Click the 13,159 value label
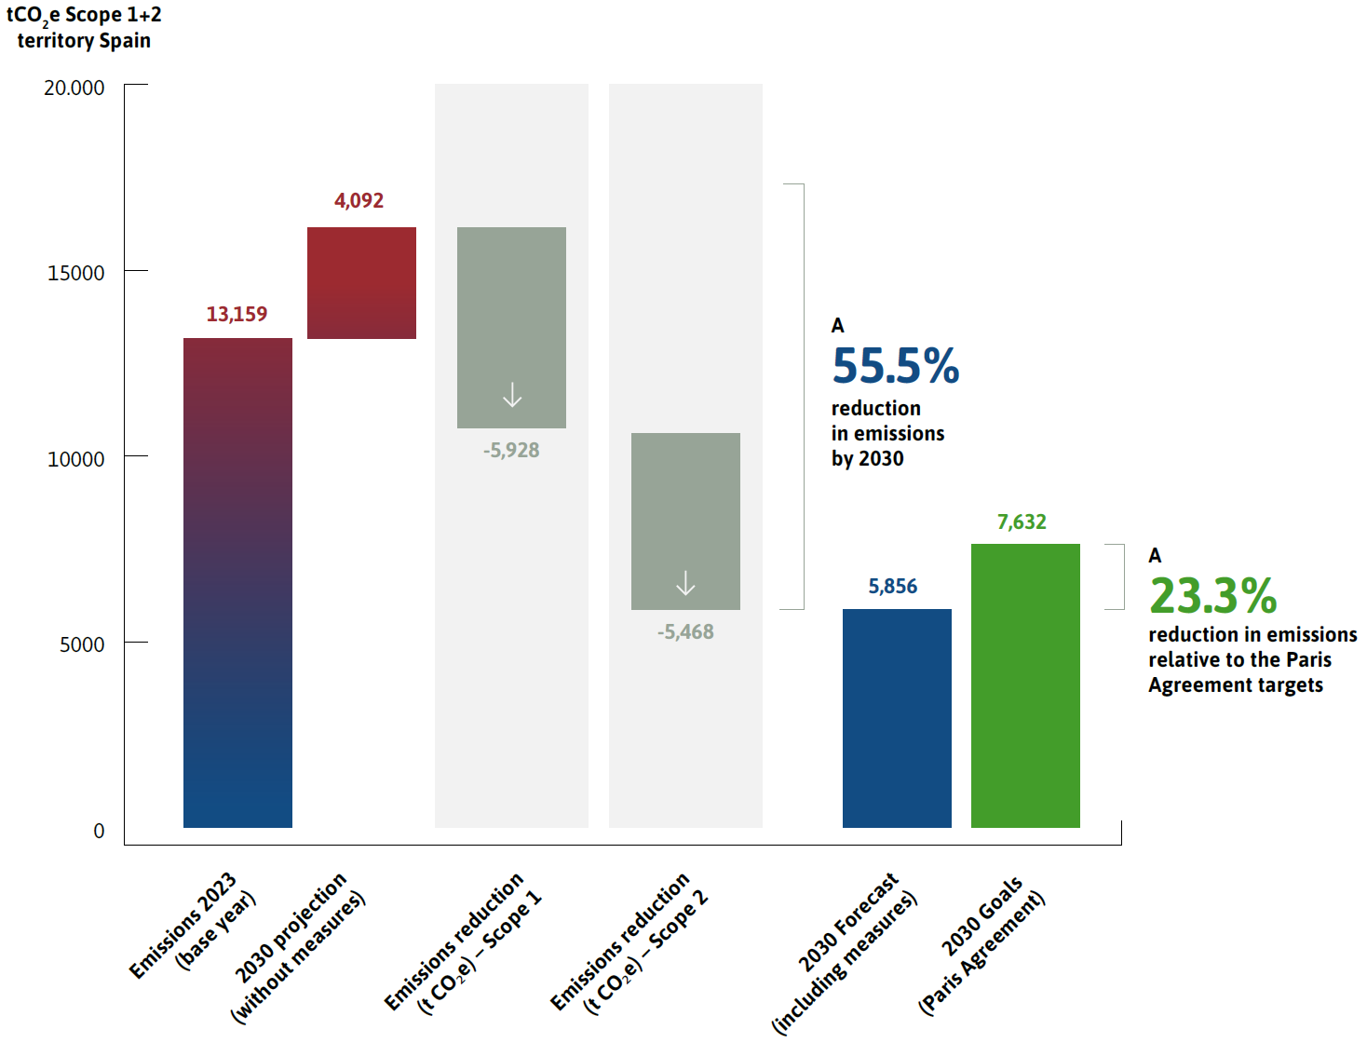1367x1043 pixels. [237, 315]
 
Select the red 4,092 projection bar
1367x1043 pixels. [361, 283]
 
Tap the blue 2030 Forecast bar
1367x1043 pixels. [897, 718]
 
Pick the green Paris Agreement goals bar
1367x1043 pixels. [1025, 685]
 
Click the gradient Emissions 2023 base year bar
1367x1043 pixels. [237, 582]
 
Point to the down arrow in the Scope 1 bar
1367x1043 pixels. [512, 395]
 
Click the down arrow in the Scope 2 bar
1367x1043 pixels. [685, 583]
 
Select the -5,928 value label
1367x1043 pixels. [511, 451]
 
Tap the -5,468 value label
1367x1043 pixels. [685, 632]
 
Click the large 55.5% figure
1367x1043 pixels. [896, 366]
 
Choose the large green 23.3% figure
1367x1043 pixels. [1213, 596]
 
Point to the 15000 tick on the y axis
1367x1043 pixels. [76, 273]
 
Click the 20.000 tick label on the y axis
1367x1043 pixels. [74, 88]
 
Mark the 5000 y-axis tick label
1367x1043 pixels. [82, 644]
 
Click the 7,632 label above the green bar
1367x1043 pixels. [1022, 522]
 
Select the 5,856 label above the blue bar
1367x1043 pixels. [892, 587]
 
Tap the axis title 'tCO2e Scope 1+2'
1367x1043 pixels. [84, 16]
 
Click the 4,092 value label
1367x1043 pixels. [359, 201]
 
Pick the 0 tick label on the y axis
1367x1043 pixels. [99, 831]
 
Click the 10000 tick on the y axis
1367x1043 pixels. [76, 459]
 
